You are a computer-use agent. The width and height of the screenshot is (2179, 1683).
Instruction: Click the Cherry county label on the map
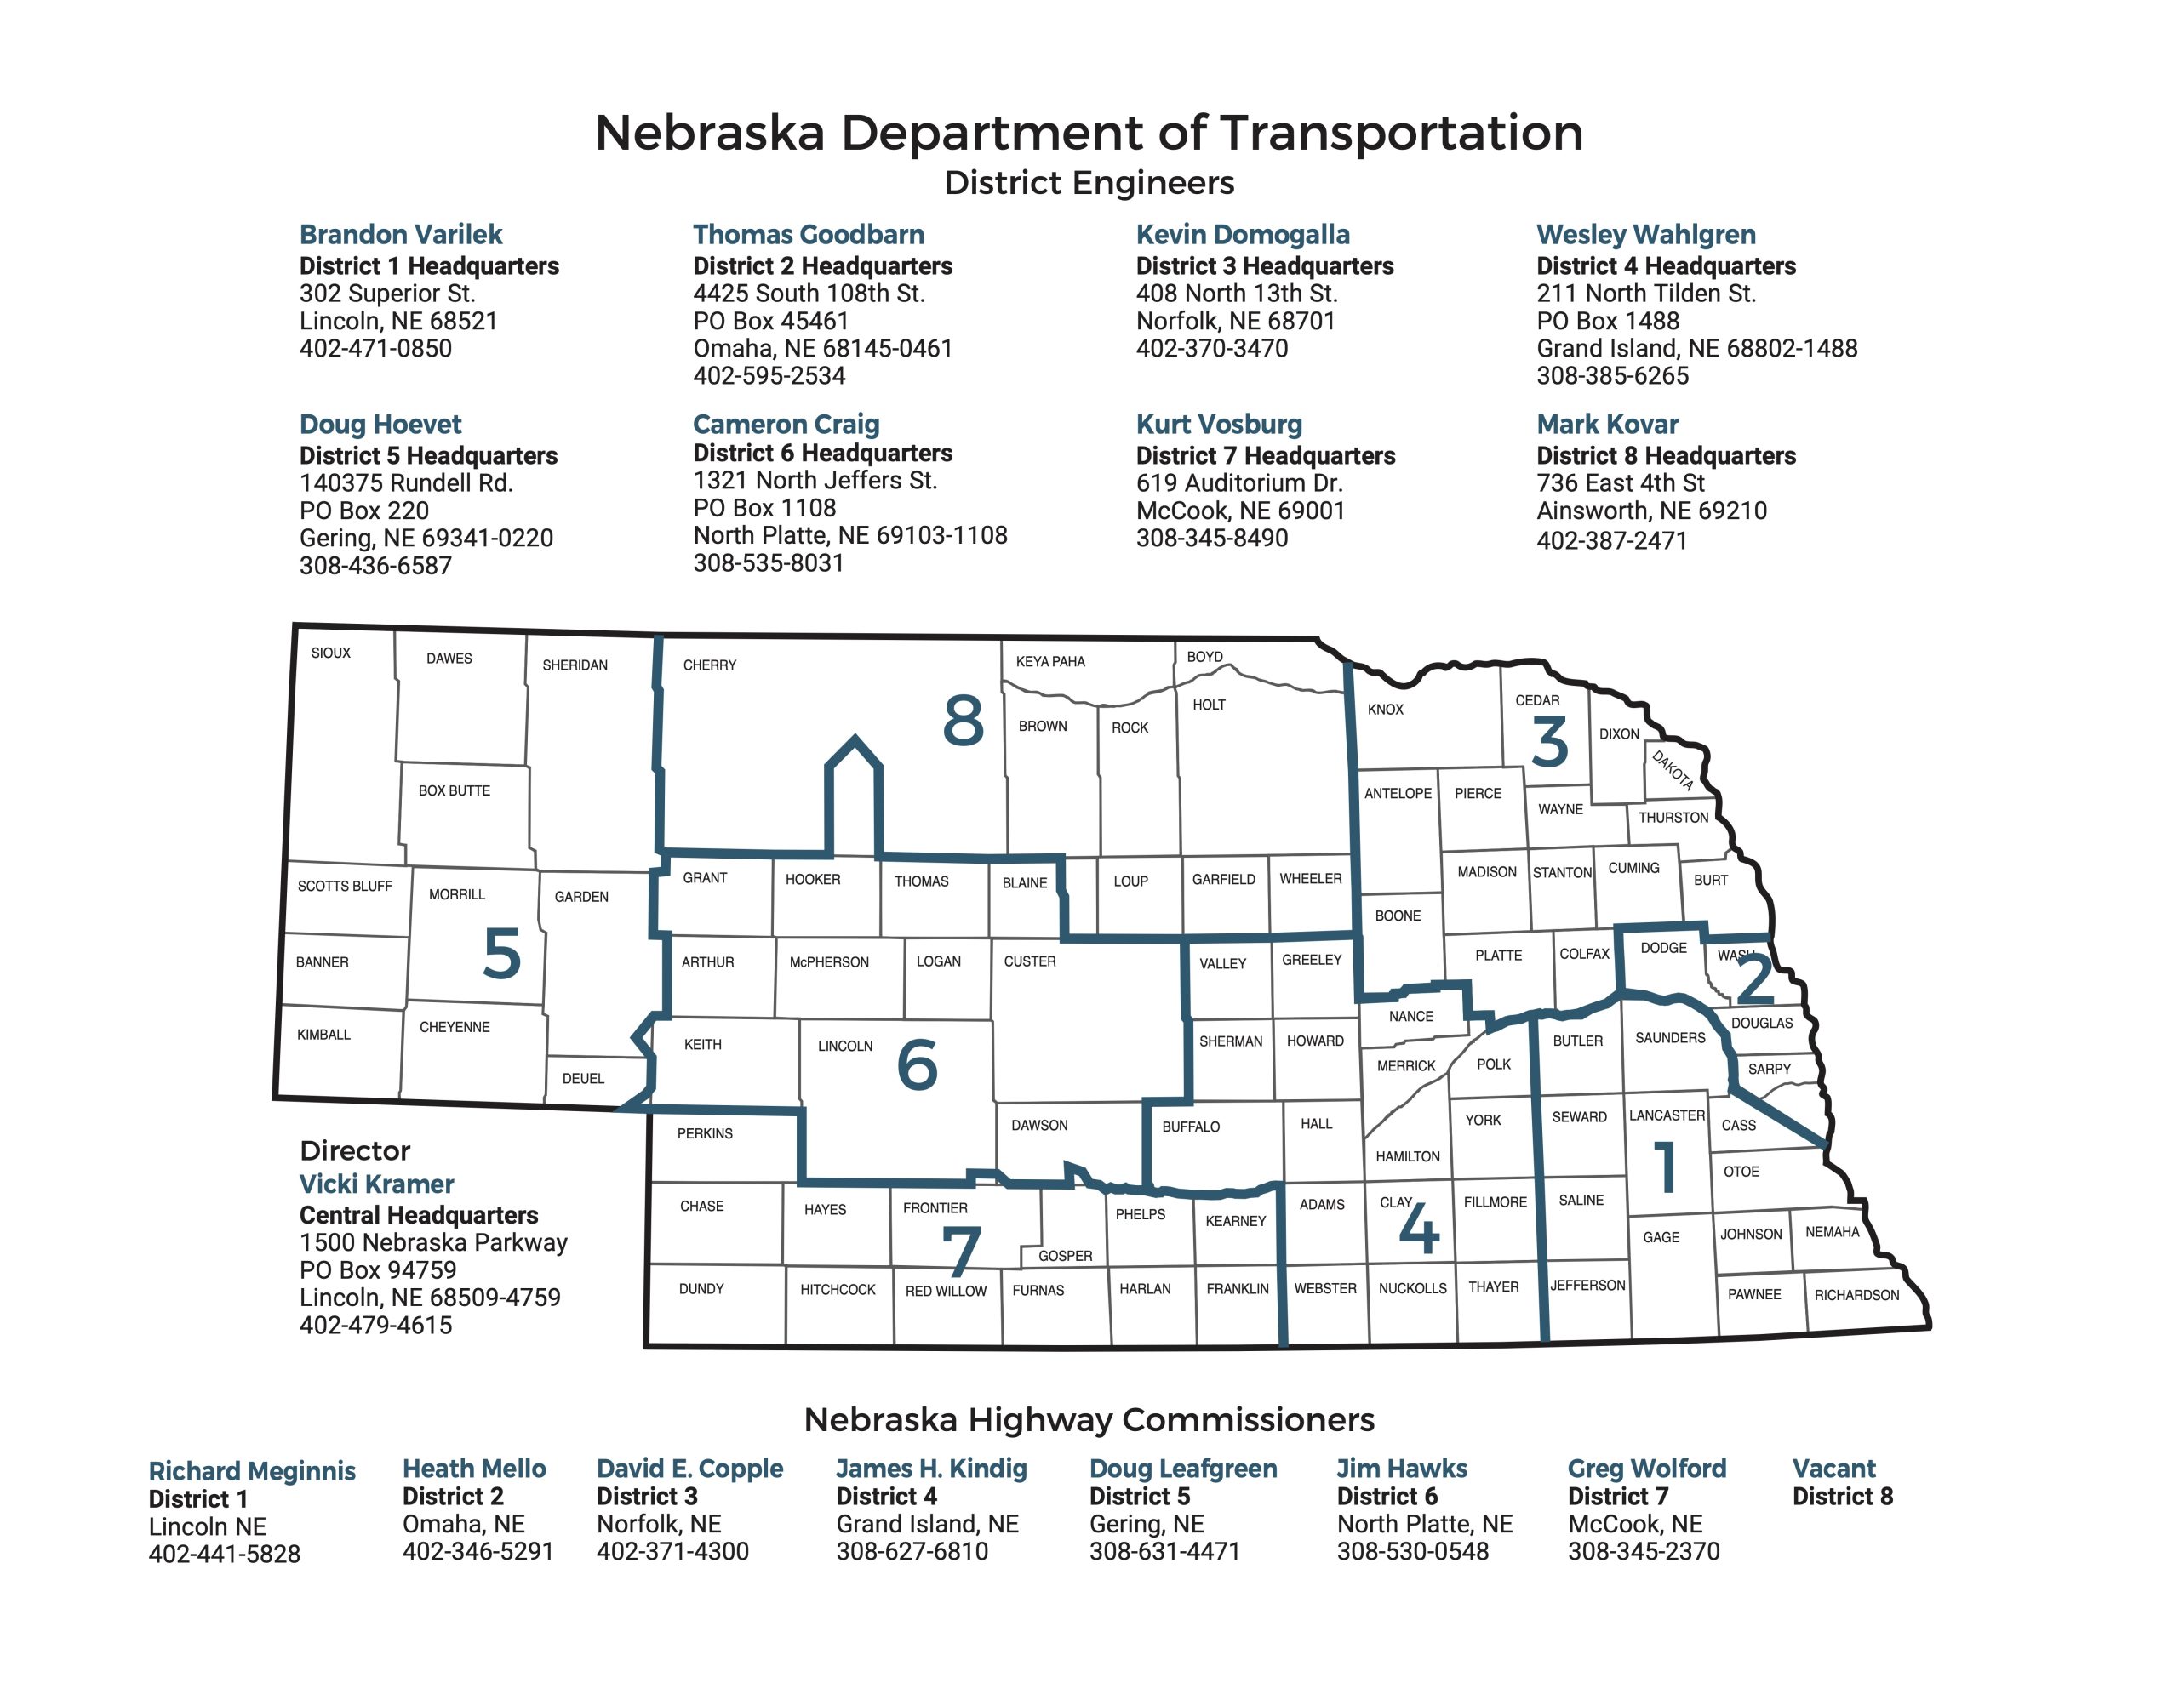click(709, 665)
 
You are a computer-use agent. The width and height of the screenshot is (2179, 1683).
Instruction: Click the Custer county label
click(1030, 961)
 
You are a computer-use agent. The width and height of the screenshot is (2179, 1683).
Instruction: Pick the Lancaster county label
click(1667, 1115)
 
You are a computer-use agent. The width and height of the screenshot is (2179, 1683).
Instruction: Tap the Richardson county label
click(1856, 1295)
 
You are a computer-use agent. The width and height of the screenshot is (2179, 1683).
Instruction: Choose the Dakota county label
click(1673, 770)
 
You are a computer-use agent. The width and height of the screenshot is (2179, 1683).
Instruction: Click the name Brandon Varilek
click(400, 235)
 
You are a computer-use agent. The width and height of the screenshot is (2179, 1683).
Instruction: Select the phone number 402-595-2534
click(769, 376)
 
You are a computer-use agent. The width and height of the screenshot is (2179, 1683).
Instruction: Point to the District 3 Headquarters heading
click(1264, 266)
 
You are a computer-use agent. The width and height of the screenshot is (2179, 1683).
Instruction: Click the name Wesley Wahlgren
click(1645, 235)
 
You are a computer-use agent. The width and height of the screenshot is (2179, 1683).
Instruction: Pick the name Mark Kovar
click(1606, 424)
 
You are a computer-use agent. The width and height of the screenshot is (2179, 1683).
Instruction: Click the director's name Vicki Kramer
click(376, 1184)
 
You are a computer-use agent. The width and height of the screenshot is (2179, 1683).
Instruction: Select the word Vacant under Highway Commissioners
click(1833, 1469)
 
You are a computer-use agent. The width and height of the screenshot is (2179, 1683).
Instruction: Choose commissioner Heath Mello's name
click(474, 1469)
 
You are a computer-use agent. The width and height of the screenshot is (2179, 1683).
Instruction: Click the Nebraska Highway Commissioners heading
click(1089, 1419)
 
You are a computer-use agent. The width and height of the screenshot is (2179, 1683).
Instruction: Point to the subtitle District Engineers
click(1089, 183)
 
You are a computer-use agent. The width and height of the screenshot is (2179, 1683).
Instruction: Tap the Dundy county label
click(701, 1289)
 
